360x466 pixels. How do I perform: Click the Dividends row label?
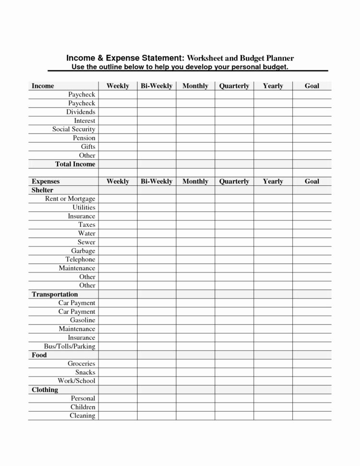point(81,112)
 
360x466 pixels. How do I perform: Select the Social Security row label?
point(73,129)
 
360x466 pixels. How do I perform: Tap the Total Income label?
point(75,164)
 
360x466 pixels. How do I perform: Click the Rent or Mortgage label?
point(70,198)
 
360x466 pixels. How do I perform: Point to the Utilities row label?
point(84,207)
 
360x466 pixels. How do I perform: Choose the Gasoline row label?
point(83,320)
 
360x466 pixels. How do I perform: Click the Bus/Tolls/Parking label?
point(69,346)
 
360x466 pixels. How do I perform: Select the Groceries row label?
point(82,364)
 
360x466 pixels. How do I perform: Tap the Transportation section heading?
point(55,294)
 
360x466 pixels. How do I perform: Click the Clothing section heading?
point(45,390)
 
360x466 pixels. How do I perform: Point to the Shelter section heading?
point(42,190)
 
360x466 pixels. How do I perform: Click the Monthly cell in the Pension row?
point(195,138)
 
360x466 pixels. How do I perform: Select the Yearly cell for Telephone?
point(273,259)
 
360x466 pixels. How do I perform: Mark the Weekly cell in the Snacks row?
point(118,372)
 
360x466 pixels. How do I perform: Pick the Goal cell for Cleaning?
point(312,416)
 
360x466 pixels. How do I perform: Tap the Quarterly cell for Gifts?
point(234,147)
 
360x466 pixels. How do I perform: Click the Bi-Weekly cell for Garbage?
point(156,251)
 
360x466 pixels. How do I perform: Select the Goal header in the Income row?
point(312,86)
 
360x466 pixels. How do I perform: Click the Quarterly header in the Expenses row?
point(234,181)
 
